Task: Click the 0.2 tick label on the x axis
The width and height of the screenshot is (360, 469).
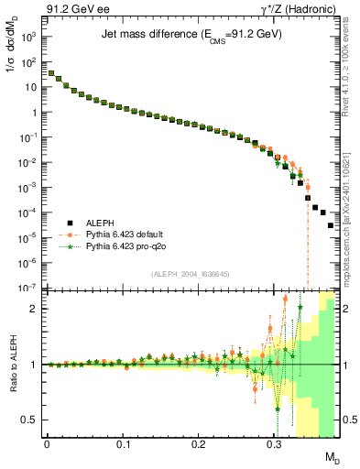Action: click(198, 442)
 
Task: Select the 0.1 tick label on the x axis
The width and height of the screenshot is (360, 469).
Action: click(122, 442)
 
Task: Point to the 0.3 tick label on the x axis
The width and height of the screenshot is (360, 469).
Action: click(274, 442)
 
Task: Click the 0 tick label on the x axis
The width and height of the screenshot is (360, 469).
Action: click(47, 442)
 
